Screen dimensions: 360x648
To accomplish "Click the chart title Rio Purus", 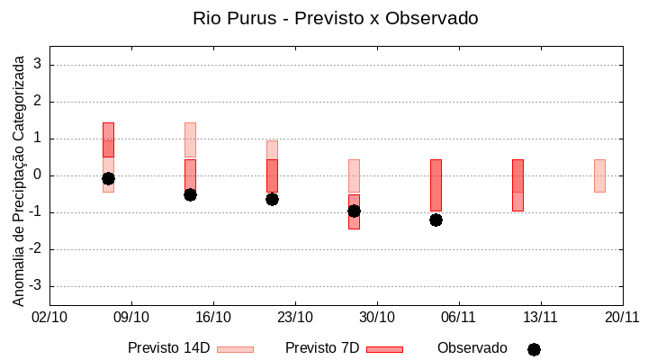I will [335, 18].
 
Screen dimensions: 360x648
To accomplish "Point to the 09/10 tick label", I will [131, 317].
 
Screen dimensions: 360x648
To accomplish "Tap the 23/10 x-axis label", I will [295, 317].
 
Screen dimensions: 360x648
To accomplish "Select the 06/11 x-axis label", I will [459, 317].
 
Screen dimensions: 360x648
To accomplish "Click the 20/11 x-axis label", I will [622, 317].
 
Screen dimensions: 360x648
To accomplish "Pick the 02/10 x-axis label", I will [49, 317].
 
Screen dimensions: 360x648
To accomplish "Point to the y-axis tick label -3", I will [36, 286].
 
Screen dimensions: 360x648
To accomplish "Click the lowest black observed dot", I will [436, 220].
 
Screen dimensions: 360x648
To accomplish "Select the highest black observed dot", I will [108, 178].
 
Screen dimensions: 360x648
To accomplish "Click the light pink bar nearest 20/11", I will [599, 175].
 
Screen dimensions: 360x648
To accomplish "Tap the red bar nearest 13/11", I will [517, 184].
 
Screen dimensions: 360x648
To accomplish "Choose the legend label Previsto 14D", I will [168, 348].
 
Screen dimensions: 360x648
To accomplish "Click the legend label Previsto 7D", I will [321, 348].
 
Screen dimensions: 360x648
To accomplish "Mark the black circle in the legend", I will [534, 349].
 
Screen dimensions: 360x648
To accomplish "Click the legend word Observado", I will [472, 348].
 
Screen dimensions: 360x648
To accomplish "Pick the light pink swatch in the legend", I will [235, 349].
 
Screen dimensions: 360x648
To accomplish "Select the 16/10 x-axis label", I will [213, 317].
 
